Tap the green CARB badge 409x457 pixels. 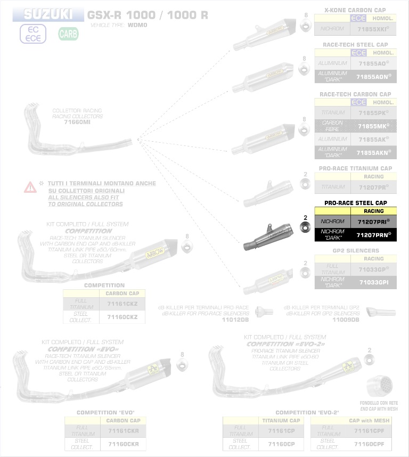point(68,34)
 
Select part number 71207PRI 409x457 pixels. point(373,221)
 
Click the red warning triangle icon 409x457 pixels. point(30,187)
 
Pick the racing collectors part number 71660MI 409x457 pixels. point(77,123)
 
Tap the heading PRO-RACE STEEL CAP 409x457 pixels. point(355,203)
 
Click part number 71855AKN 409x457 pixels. point(373,152)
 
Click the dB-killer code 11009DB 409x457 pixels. point(346,320)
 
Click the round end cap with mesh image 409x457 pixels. point(382,385)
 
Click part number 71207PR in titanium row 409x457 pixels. point(373,187)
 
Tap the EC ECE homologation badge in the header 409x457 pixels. point(33,34)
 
